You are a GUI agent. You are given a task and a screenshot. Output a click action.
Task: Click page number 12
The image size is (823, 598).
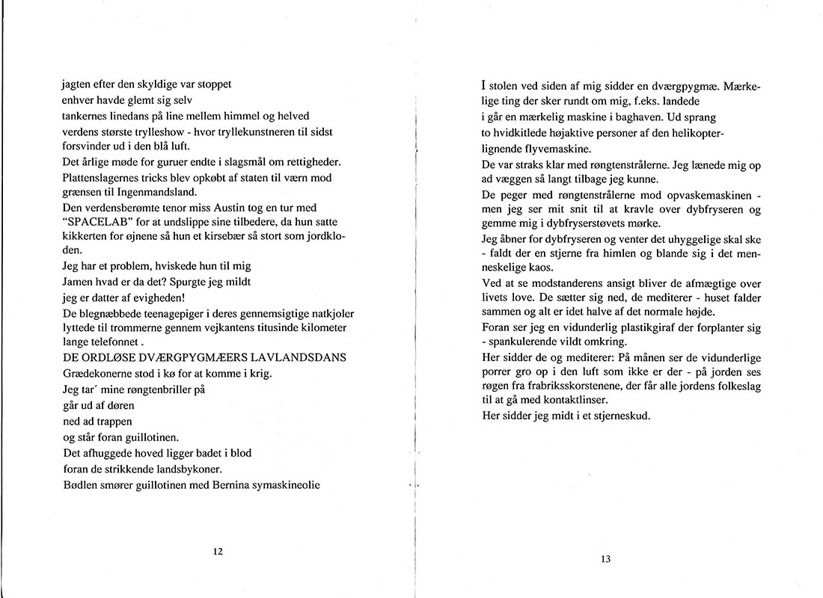click(218, 552)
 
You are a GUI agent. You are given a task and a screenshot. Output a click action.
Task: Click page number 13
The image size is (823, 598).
click(606, 558)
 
